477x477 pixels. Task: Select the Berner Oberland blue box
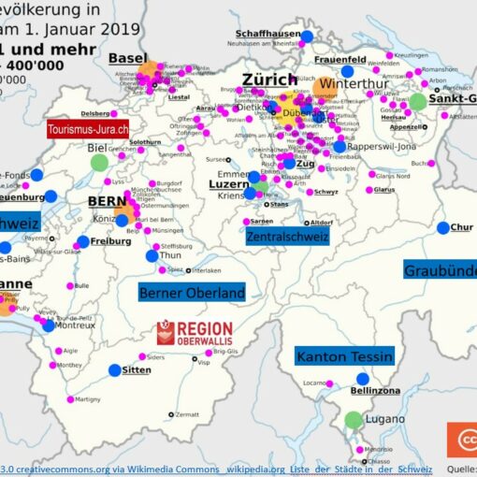tap(192, 293)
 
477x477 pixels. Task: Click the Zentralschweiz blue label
tap(286, 238)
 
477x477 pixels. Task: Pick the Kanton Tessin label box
tap(344, 356)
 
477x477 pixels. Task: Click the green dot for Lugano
tap(353, 420)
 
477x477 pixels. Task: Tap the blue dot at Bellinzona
tap(362, 379)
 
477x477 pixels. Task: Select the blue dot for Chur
tap(441, 227)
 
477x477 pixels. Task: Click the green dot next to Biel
tap(99, 162)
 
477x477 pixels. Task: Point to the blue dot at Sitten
tap(115, 370)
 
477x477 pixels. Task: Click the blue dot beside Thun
tap(152, 255)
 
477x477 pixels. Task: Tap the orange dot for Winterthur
tap(324, 88)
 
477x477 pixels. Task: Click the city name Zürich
tap(270, 79)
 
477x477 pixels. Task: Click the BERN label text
tap(107, 201)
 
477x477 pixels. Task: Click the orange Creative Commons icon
tap(461, 440)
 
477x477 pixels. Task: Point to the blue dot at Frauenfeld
tap(348, 71)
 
